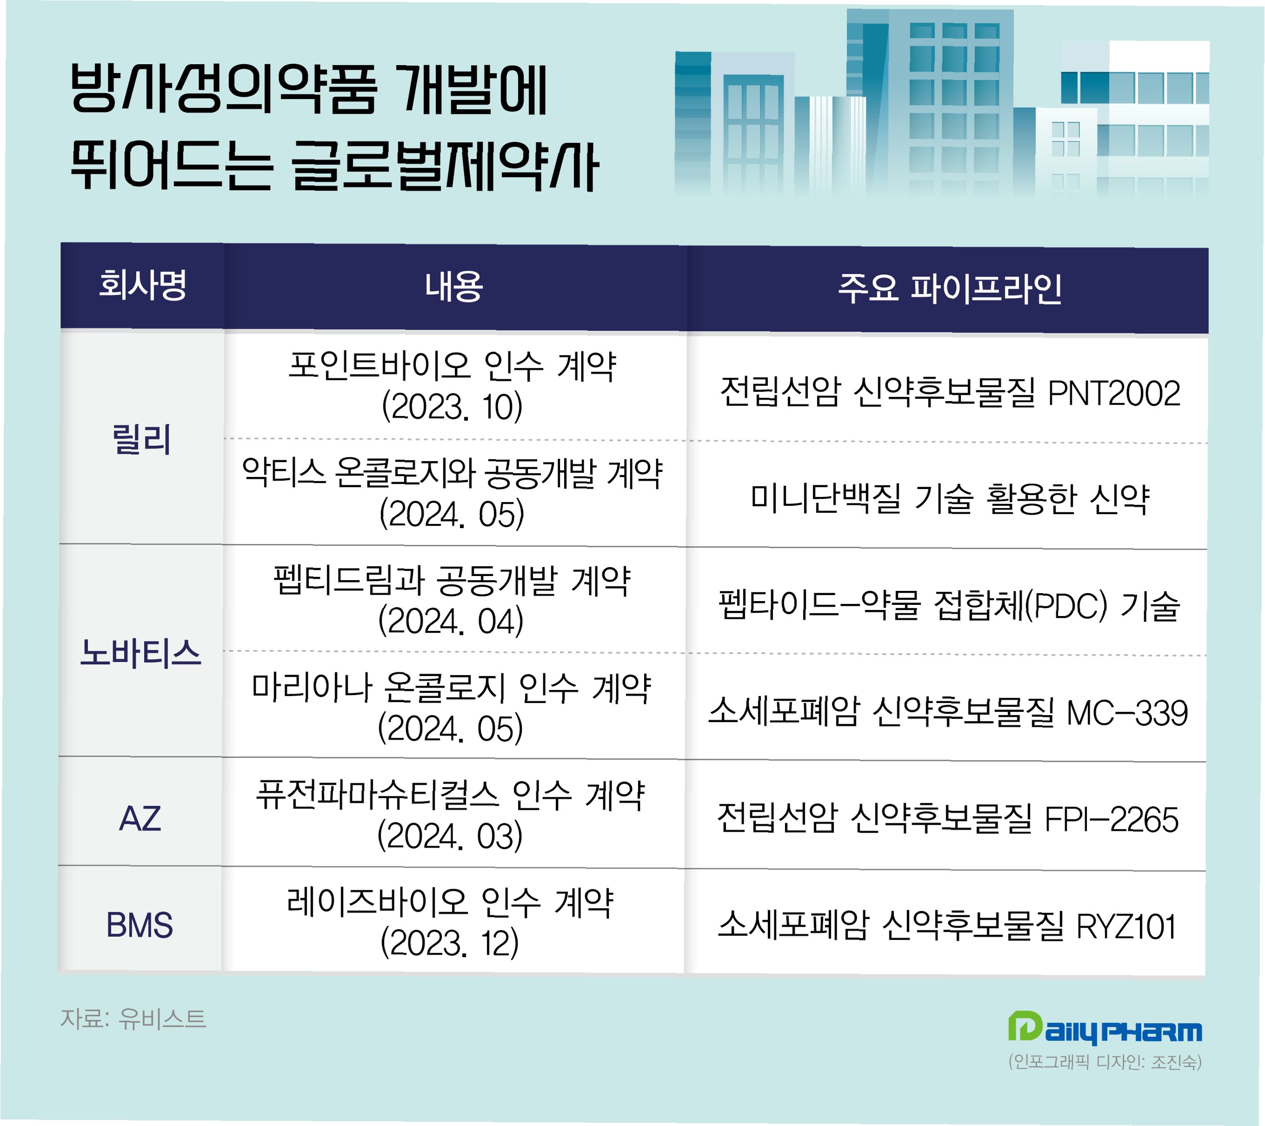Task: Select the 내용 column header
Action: point(454,286)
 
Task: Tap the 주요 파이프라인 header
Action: point(949,288)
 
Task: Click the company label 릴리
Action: point(141,439)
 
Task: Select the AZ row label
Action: point(140,818)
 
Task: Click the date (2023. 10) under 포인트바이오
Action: point(452,407)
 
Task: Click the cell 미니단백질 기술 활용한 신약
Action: point(949,498)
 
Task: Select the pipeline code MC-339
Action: point(1127,713)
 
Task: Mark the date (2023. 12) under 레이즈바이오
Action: point(450,943)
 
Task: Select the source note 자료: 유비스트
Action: point(133,1018)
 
